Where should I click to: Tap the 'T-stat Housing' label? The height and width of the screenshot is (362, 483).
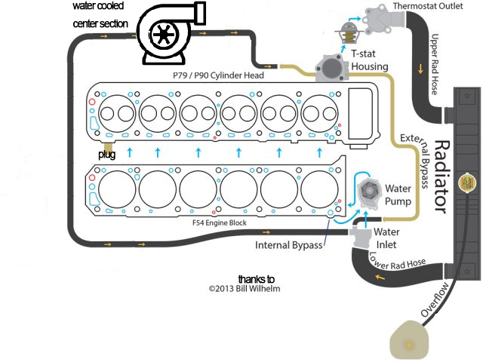coord(370,60)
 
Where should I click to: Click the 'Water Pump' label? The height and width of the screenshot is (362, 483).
coord(398,195)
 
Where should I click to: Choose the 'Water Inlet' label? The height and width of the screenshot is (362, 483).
coord(387,238)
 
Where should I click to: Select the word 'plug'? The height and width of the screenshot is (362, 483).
coord(106,155)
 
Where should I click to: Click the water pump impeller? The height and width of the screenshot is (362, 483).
coord(368,195)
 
